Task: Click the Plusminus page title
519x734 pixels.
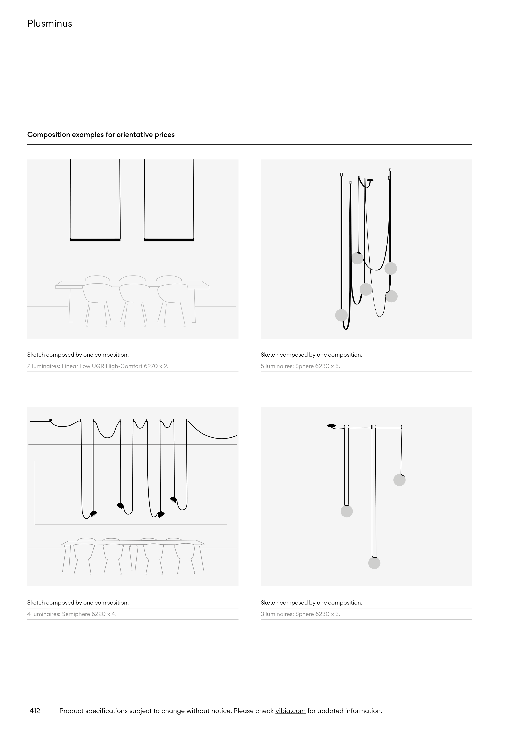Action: (x=49, y=23)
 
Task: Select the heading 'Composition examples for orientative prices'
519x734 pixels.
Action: (x=101, y=135)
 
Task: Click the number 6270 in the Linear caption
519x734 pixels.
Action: (x=151, y=366)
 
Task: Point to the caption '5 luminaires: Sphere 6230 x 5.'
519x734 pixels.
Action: (x=300, y=366)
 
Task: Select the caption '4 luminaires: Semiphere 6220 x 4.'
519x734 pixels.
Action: (x=72, y=614)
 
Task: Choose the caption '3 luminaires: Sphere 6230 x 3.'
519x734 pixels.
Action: (x=300, y=614)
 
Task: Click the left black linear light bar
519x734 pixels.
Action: (x=95, y=240)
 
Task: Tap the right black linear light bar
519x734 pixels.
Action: (x=169, y=240)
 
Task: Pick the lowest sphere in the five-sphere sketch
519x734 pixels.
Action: (x=341, y=315)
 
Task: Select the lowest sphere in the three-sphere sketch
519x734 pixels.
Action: (x=374, y=563)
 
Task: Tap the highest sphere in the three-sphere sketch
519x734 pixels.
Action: (x=399, y=480)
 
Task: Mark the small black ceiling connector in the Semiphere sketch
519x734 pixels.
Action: (x=51, y=420)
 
